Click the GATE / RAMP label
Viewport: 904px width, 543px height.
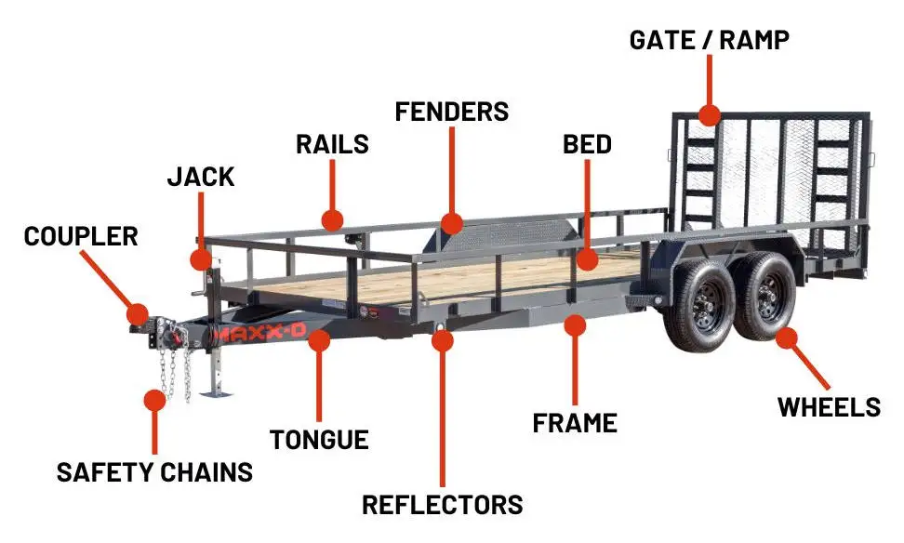(x=709, y=40)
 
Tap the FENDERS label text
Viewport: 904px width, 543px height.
(x=452, y=112)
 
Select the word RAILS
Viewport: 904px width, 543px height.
(x=332, y=144)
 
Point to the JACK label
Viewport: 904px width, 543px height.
(x=201, y=177)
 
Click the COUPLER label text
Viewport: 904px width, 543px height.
(x=81, y=235)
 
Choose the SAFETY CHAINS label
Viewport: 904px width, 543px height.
(x=154, y=471)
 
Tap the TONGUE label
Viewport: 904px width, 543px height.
(x=319, y=439)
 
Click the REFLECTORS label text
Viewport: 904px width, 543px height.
(x=442, y=504)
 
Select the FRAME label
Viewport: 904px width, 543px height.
(x=575, y=423)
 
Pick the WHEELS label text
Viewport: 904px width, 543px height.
(x=829, y=406)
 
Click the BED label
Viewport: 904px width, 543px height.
(x=587, y=144)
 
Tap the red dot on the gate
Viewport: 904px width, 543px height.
(x=710, y=115)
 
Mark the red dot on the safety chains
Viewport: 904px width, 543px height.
(x=154, y=400)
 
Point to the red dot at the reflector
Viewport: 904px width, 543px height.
(x=443, y=339)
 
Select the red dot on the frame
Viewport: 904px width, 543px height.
(x=576, y=325)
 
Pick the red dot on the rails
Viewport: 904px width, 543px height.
(x=332, y=219)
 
